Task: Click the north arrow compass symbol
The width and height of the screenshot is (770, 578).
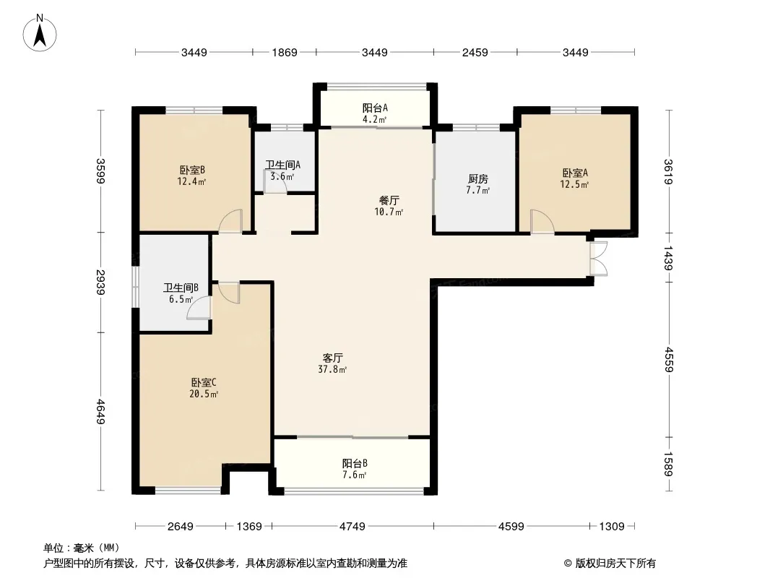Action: point(40,33)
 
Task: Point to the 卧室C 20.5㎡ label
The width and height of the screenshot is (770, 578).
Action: point(204,388)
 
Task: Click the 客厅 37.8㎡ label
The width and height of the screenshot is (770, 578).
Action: point(332,363)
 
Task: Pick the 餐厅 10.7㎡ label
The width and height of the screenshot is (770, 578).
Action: point(389,206)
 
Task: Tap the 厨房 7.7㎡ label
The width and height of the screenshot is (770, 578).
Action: point(477,184)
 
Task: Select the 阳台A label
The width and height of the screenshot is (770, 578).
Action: point(375,108)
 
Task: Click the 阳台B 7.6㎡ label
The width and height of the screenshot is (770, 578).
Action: point(355,469)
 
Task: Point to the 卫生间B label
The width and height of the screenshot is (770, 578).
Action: point(181,288)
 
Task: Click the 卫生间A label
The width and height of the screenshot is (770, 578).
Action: point(283,165)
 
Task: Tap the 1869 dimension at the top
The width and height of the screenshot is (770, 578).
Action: point(285,53)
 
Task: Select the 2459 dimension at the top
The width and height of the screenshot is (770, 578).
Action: point(475,53)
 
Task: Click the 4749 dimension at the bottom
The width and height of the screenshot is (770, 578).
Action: point(352,527)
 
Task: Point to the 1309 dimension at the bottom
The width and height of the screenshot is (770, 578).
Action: point(612,527)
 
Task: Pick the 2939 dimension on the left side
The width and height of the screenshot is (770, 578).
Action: point(100,282)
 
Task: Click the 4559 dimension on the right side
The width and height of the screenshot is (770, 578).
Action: point(668,360)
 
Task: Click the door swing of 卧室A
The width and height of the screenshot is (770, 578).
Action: point(542,221)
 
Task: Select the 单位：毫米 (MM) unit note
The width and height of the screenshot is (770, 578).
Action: point(82,548)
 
